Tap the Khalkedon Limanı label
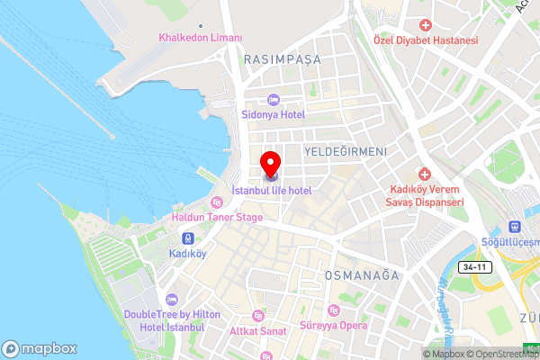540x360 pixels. (201, 38)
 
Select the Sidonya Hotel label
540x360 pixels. (272, 114)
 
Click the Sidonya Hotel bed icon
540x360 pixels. (273, 99)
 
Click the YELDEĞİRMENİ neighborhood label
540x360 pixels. (346, 151)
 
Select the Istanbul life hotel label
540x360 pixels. (271, 191)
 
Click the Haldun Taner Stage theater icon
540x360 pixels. (218, 202)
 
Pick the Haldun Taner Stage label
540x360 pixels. (218, 217)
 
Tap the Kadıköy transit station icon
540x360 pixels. (187, 238)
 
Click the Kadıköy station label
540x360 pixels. (187, 254)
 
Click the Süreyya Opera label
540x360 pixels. (334, 325)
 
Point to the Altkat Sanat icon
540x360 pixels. (258, 316)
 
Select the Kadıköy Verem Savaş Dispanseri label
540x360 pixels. (426, 195)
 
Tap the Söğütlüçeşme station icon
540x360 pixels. (516, 227)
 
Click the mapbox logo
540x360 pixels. (39, 348)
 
